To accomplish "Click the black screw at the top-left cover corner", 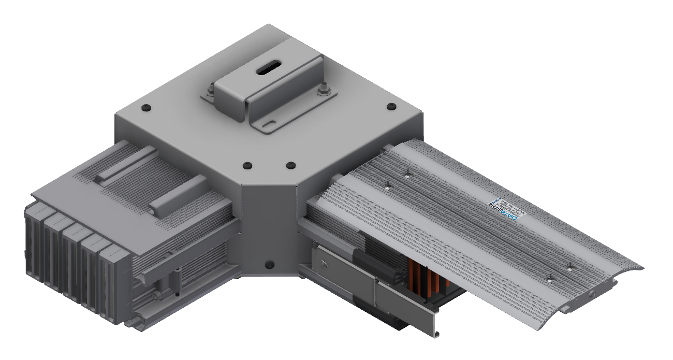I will (146, 107).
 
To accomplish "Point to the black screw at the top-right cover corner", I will (391, 107).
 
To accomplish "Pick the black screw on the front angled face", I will (269, 265).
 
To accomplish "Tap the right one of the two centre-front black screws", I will (290, 165).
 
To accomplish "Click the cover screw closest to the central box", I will (407, 174).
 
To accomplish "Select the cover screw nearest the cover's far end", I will (570, 267).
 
